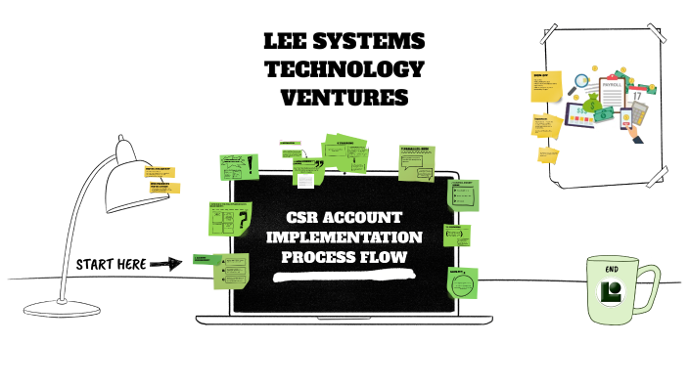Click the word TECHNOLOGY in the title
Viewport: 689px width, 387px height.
point(344,69)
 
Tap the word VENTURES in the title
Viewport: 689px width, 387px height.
point(344,98)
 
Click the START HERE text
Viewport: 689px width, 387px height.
point(111,264)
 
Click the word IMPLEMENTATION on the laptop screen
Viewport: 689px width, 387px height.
point(344,237)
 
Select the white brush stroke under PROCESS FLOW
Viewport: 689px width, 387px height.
point(344,278)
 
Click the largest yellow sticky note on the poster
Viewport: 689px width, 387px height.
point(546,84)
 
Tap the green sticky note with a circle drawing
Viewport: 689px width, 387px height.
point(461,283)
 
